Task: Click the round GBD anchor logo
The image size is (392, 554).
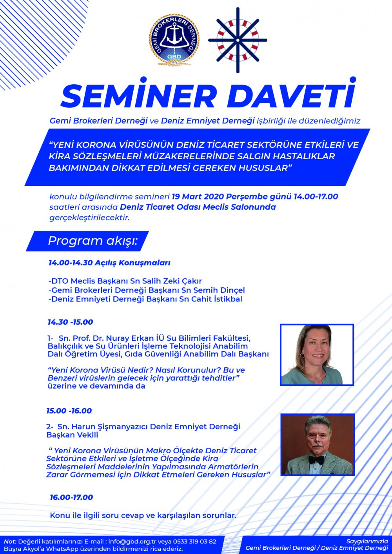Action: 174,40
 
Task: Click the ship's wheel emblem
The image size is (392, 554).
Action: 238,40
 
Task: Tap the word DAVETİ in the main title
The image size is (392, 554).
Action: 291,96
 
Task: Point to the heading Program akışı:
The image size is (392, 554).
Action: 93,241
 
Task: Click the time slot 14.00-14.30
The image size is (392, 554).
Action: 71,263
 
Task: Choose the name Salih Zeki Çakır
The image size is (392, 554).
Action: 170,281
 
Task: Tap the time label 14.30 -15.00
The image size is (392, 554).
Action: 71,322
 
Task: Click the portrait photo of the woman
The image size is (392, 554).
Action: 317,354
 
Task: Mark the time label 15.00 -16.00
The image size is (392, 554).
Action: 69,411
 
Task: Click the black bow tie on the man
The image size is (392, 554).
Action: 316,459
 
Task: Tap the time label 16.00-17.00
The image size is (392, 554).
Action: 71,497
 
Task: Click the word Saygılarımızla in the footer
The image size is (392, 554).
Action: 367,541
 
